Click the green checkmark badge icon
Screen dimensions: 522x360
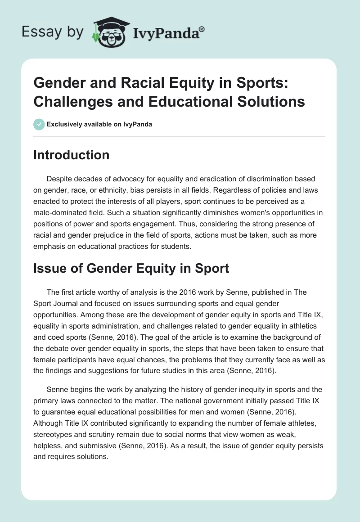tap(39, 125)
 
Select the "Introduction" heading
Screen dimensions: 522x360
tap(72, 155)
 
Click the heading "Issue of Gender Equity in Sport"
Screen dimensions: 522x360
tap(131, 269)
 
